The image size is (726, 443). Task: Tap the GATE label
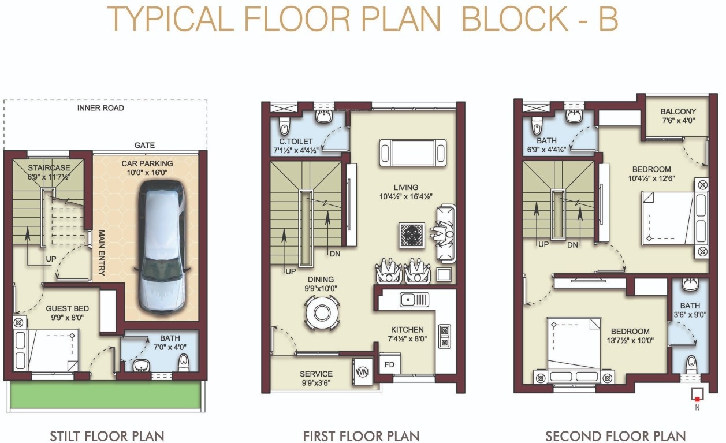144,146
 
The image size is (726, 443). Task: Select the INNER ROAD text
101,108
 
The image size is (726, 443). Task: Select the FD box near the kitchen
389,365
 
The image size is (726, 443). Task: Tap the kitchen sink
414,299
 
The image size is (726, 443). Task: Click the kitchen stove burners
445,336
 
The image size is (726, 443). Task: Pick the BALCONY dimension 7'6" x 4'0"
678,121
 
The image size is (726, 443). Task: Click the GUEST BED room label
68,308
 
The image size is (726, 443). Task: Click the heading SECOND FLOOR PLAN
616,435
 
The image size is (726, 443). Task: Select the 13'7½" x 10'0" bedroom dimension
630,341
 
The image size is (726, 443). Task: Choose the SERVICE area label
316,374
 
